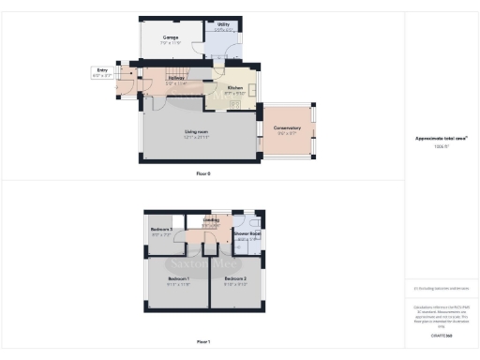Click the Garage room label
pos(171,37)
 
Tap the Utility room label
pos(223,24)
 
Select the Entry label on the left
pos(102,69)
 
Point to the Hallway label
pos(176,79)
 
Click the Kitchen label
pos(234,88)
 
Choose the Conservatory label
pos(288,127)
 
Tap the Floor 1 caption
pos(203,342)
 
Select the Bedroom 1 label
pos(179,279)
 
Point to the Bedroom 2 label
pos(234,279)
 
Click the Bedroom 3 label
pos(160,230)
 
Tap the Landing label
pos(211,220)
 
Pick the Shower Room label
pos(248,234)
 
